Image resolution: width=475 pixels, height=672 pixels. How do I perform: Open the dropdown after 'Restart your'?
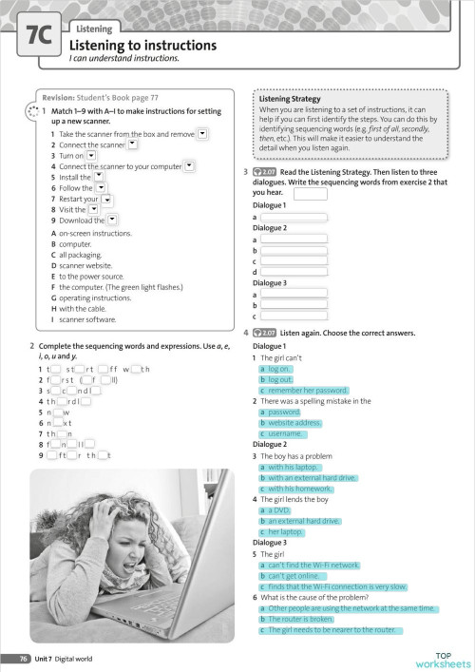pyautogui.click(x=107, y=199)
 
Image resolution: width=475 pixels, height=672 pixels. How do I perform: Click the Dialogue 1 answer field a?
pyautogui.click(x=294, y=218)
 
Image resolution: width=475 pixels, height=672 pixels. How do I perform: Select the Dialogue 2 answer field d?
pyautogui.click(x=294, y=273)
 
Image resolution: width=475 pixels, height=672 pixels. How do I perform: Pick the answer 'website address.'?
pyautogui.click(x=293, y=423)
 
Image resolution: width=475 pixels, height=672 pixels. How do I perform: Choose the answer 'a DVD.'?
pyautogui.click(x=277, y=510)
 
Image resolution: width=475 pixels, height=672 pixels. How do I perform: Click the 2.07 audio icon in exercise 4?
pyautogui.click(x=265, y=333)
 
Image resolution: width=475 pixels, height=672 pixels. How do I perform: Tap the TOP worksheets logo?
pyautogui.click(x=442, y=659)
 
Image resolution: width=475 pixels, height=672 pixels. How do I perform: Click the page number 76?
pyautogui.click(x=21, y=659)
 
